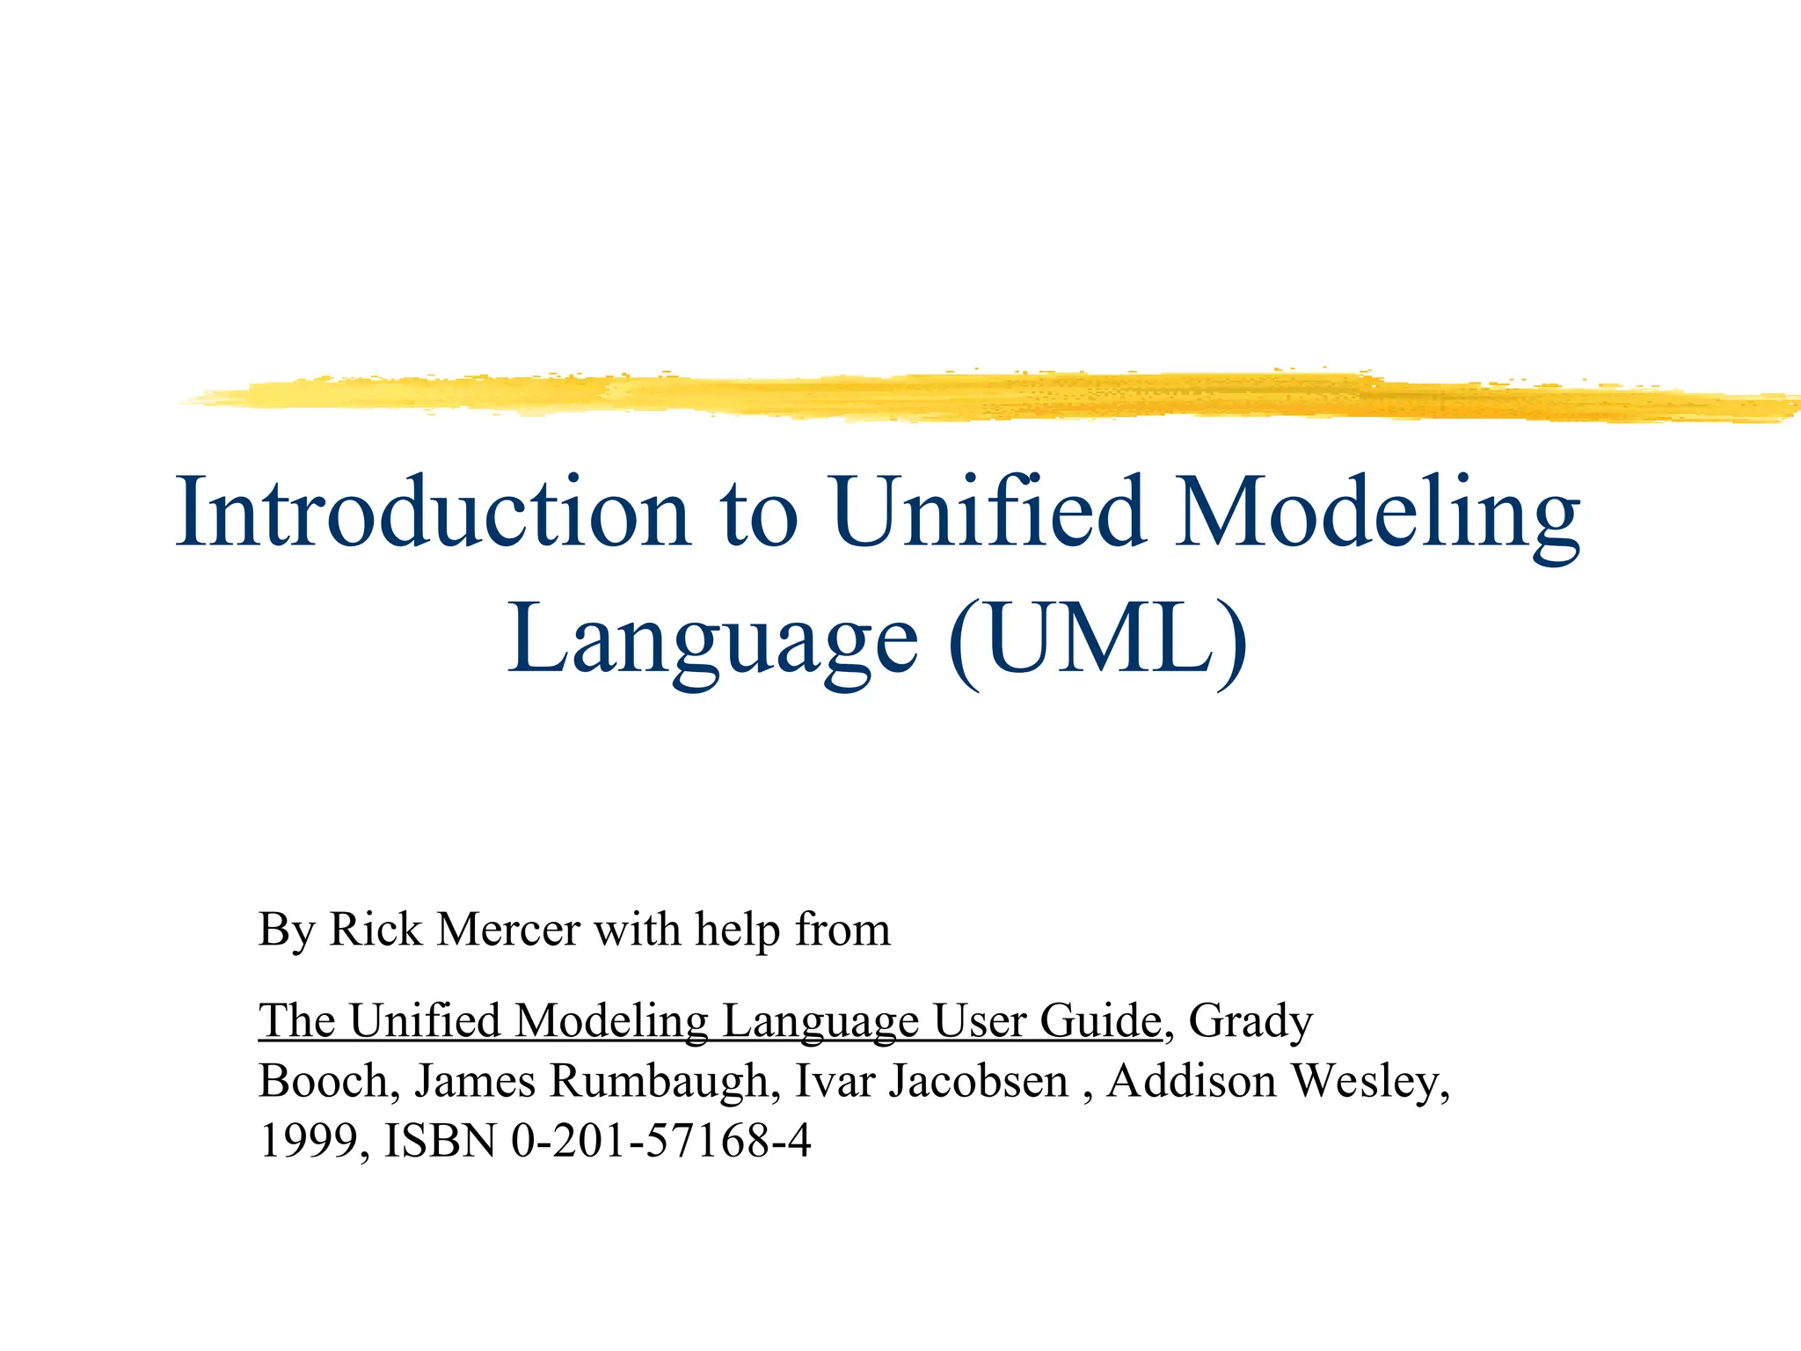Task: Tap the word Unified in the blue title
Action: point(988,513)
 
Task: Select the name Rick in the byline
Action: point(376,929)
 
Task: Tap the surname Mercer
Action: point(508,929)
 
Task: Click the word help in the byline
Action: point(737,931)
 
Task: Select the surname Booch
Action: point(323,1081)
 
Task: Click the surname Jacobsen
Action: point(978,1081)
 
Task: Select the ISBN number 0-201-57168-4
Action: point(660,1141)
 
